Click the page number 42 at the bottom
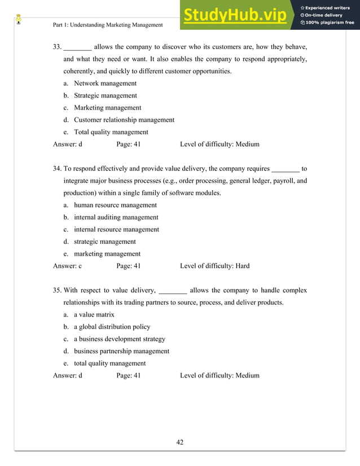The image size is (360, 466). (180, 442)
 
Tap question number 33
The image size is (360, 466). (57, 47)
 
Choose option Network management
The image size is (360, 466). (105, 83)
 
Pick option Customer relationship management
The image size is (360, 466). (124, 120)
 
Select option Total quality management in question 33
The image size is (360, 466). (111, 132)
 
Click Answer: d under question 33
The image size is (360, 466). (68, 144)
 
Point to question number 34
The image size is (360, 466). (57, 169)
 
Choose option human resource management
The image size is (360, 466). (115, 205)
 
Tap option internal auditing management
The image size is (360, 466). (116, 217)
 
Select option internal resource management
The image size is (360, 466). (116, 230)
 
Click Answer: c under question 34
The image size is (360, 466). (68, 266)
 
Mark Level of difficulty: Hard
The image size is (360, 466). (214, 266)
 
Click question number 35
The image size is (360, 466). (57, 291)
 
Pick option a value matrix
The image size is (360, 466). (94, 315)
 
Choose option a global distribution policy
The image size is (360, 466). (112, 327)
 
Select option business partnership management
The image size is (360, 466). (121, 351)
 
